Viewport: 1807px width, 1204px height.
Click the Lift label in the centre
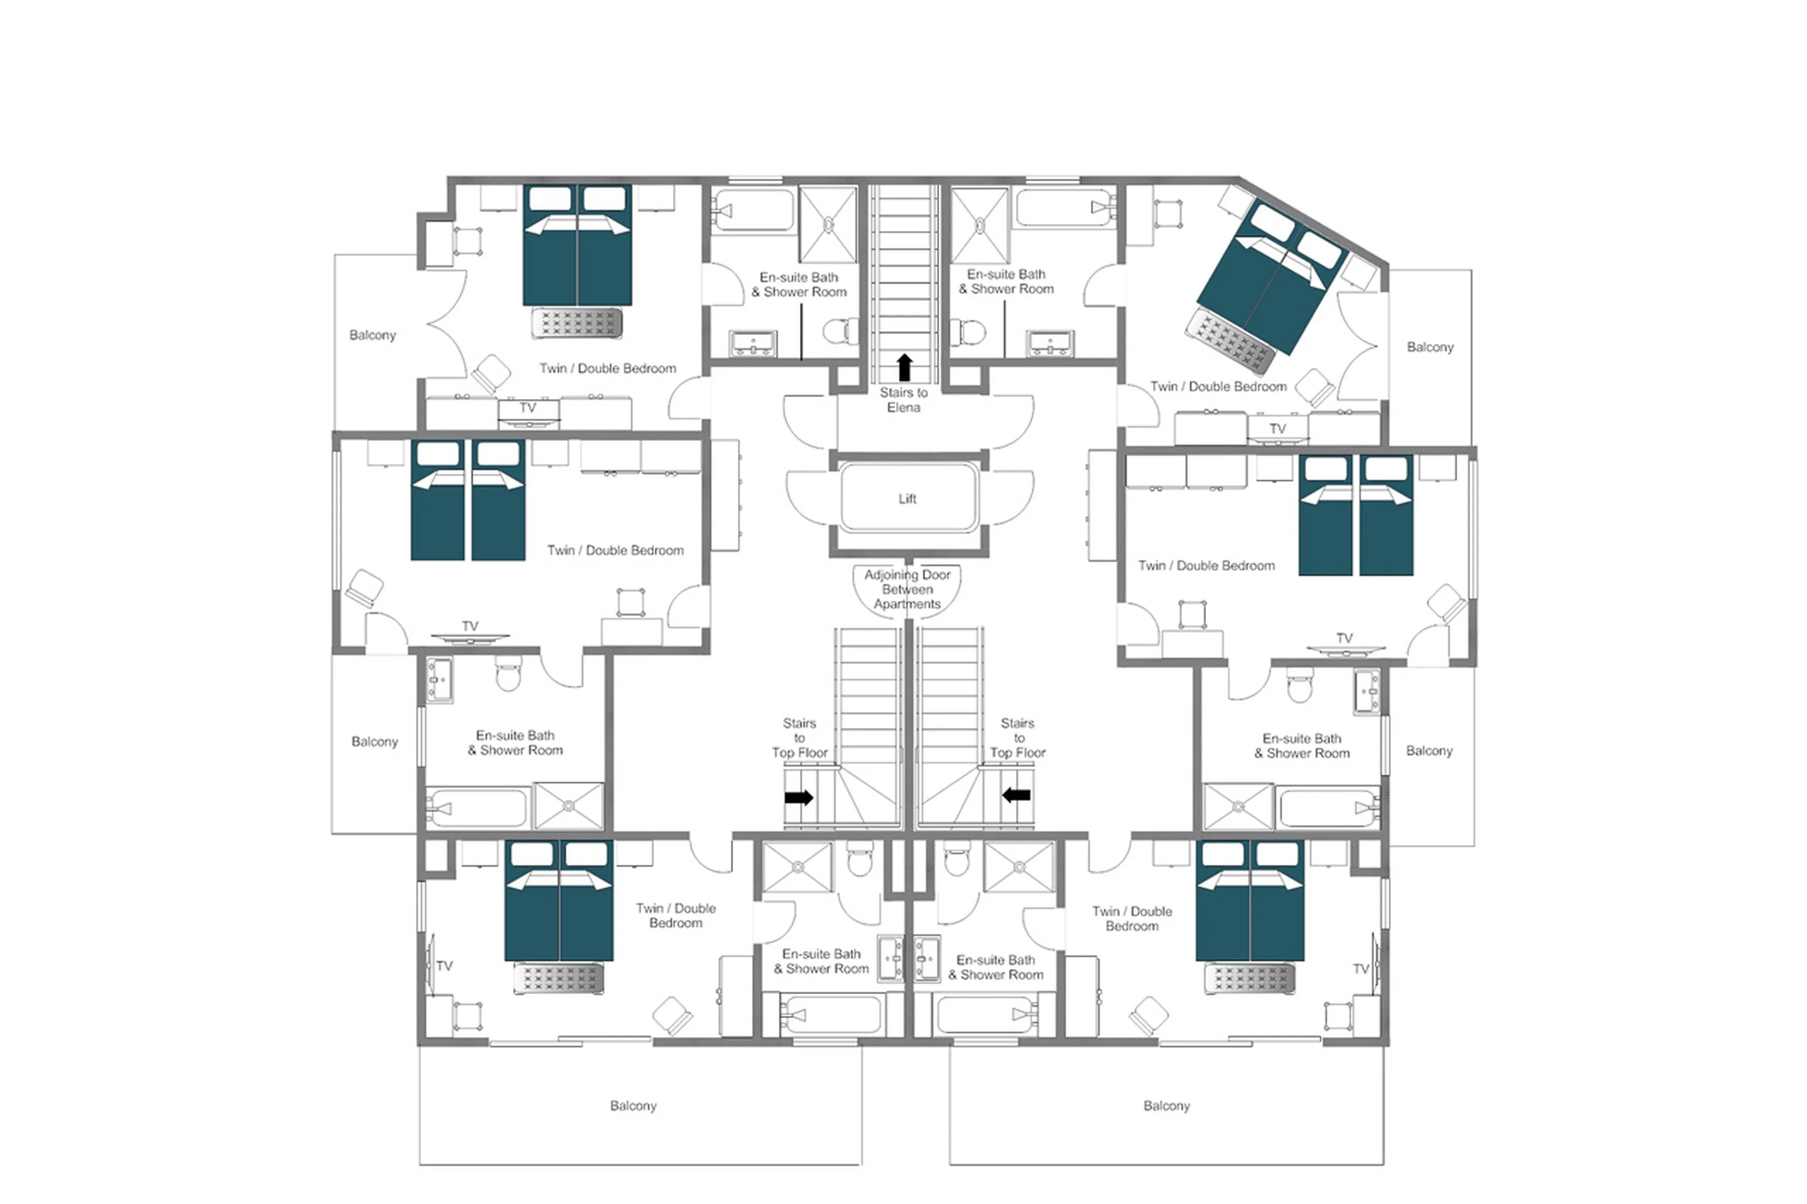click(907, 498)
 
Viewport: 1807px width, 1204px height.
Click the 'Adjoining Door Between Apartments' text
click(907, 589)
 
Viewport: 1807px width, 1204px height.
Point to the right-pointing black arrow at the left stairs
click(799, 797)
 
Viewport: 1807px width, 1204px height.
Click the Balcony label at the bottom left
click(633, 1106)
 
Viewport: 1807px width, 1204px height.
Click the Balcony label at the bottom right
click(1166, 1106)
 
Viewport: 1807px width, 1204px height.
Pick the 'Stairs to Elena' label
click(904, 400)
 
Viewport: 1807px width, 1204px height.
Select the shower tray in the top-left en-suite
click(828, 224)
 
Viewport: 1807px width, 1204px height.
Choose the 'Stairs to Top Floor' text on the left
click(800, 738)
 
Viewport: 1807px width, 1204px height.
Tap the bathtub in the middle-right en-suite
click(1328, 808)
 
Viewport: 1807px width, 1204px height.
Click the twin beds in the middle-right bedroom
click(1355, 514)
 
